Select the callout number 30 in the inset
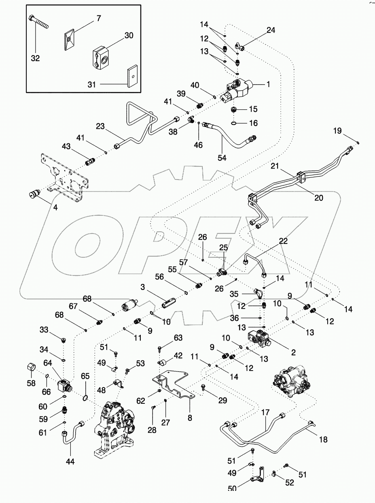point(129,35)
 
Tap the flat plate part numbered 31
point(132,77)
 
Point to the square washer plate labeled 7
point(70,39)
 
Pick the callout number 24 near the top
point(270,30)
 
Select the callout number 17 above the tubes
point(265,414)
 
